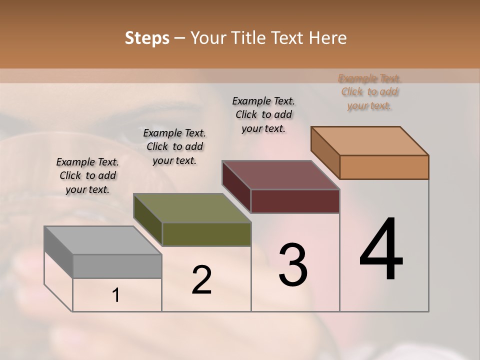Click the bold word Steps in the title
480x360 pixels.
pos(147,38)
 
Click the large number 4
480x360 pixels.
pos(381,250)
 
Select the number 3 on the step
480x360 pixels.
pos(292,265)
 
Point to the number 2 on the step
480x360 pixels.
pos(201,280)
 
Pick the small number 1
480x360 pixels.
pos(116,295)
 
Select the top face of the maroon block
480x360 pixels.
pos(281,175)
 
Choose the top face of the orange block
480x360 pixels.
pos(370,141)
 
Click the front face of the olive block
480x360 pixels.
pos(206,234)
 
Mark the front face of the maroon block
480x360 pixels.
pos(295,201)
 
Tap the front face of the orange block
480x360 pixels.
pos(384,167)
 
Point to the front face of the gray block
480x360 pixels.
pos(117,266)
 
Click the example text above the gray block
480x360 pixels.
pos(87,175)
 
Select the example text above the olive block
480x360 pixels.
pos(174,146)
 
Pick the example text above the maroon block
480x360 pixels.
pos(263,114)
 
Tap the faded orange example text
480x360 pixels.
pos(369,92)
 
